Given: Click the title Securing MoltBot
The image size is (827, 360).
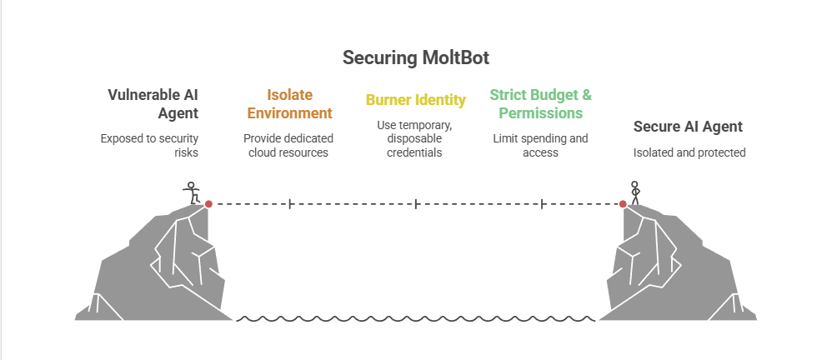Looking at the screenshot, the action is coord(416,57).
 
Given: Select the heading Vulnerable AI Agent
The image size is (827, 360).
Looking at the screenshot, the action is coord(153,104).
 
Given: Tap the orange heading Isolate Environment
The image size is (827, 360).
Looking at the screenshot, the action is coord(289,104).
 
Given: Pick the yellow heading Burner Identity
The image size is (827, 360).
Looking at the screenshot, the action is coord(416,100).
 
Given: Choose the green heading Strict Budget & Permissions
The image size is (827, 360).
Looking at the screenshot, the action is coord(540,104).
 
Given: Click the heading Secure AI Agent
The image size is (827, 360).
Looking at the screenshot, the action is coord(688,127).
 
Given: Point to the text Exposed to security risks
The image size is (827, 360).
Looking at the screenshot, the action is coord(149,146).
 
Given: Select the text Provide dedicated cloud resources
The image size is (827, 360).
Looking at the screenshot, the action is coord(288,146).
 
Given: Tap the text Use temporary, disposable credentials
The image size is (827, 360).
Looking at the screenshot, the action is coord(414,138).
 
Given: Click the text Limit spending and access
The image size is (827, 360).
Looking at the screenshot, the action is coord(540,146).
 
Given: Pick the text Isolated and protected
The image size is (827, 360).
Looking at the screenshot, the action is coord(689,152).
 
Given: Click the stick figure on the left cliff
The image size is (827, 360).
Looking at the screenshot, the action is coord(192,192).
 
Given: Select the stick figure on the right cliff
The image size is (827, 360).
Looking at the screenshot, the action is coord(635,192).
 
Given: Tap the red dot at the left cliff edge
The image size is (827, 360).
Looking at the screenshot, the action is coord(208,204).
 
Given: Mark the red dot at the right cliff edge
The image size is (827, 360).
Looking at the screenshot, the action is coord(623,204).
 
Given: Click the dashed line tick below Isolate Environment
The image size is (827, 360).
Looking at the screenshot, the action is coord(289,204).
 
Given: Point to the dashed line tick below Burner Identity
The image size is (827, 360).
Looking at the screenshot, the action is coord(416,204).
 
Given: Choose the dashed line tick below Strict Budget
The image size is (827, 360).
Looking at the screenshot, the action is coord(542,204).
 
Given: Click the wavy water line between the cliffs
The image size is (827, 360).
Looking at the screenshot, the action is coord(416,318).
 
